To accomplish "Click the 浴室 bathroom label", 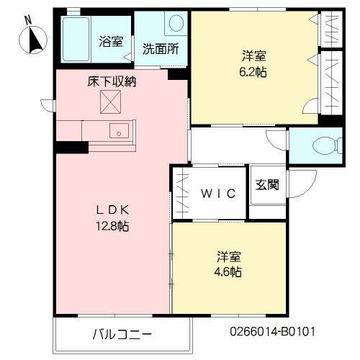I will pyautogui.click(x=110, y=41).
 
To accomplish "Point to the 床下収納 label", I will pyautogui.click(x=112, y=81).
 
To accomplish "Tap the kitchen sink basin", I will pyautogui.click(x=119, y=132).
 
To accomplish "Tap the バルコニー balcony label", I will pyautogui.click(x=122, y=334).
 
